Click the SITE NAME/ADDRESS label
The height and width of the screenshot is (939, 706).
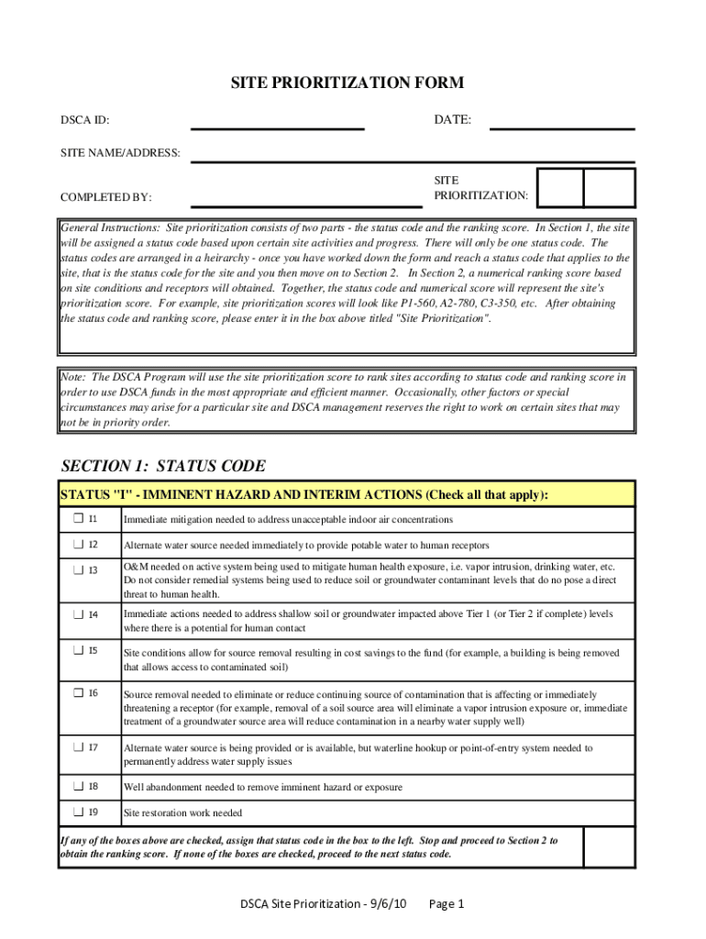tap(120, 152)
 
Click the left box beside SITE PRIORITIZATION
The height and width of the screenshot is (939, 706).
tap(561, 188)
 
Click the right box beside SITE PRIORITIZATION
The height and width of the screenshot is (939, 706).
tap(609, 188)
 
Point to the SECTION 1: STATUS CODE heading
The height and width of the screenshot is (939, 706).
tap(163, 466)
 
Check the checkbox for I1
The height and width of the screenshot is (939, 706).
tap(79, 519)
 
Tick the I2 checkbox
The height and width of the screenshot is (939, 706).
tap(79, 545)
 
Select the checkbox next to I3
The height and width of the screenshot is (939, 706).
tap(79, 569)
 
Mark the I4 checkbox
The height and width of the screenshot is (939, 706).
tap(79, 613)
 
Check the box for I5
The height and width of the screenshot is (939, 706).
tap(79, 650)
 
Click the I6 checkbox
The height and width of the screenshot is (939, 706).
tap(79, 692)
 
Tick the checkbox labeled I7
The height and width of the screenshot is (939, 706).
tap(79, 747)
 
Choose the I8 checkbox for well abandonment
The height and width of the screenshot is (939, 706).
tap(79, 786)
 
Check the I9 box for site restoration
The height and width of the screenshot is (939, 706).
tap(79, 812)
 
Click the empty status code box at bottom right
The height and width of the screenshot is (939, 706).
tap(609, 847)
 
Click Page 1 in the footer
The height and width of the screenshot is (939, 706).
tap(447, 904)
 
